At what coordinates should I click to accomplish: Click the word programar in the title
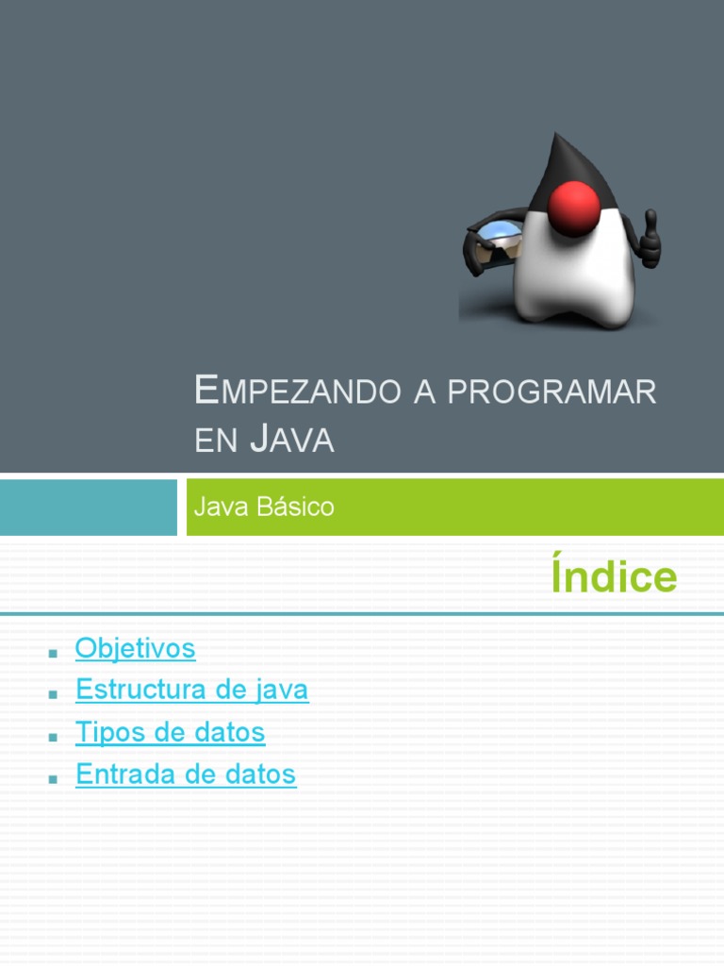(x=551, y=391)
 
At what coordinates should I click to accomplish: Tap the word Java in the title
(x=293, y=440)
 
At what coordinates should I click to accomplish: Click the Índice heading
(x=614, y=576)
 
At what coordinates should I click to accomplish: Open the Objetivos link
(x=135, y=648)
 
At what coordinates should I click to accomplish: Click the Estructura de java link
(x=191, y=690)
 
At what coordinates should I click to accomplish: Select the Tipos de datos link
(x=170, y=732)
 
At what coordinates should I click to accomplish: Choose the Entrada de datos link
(x=186, y=774)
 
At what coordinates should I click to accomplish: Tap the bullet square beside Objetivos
(x=53, y=651)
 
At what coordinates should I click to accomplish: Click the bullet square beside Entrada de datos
(x=53, y=777)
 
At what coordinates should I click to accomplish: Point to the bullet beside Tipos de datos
(x=53, y=735)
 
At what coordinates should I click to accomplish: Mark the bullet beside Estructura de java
(x=53, y=692)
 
